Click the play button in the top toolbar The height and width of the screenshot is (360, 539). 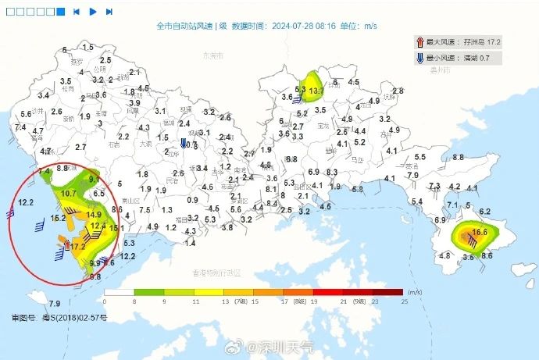pos(93,12)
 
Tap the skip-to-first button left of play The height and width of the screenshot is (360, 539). pos(77,12)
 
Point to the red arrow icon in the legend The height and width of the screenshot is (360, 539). pos(420,41)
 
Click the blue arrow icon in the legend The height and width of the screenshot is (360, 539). pos(420,58)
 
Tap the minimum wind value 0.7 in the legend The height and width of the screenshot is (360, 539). pos(484,58)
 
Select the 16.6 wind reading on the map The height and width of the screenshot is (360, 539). pos(479,232)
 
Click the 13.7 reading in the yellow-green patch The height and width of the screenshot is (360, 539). pos(316,91)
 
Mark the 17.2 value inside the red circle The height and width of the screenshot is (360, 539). pos(78,247)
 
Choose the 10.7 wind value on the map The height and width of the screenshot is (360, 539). pos(68,193)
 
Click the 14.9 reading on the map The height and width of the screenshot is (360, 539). pos(95,215)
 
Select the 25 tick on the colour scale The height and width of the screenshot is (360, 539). pos(404,301)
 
